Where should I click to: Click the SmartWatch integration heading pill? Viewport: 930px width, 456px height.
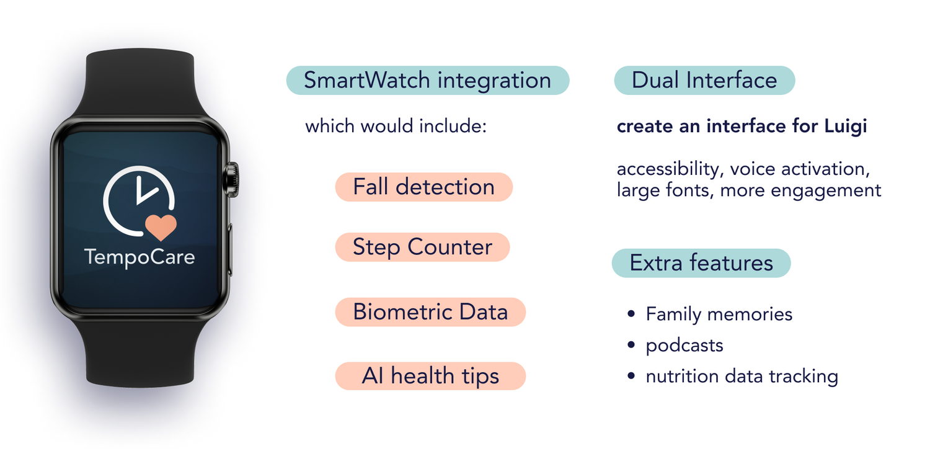(428, 80)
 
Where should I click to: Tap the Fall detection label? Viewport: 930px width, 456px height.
(424, 187)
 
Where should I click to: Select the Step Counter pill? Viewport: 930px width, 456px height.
(422, 247)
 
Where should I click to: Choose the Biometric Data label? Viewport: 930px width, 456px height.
(430, 311)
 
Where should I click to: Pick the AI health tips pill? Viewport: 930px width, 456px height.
(430, 376)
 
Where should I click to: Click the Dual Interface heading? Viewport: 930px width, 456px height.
(704, 80)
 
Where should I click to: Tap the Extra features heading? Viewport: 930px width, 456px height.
(701, 263)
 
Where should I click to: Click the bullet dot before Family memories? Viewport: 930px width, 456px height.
(631, 313)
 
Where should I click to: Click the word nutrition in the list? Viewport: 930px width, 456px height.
(682, 376)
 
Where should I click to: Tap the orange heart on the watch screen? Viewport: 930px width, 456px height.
(161, 227)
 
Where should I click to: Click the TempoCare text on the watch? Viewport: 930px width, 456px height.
(139, 257)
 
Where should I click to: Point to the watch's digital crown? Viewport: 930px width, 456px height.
(232, 180)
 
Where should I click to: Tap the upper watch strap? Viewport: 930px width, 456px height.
(140, 83)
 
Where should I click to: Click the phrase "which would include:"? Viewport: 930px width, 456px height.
(396, 126)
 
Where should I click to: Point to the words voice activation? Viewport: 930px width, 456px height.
(800, 169)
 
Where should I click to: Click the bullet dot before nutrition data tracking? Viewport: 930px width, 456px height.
(631, 376)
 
